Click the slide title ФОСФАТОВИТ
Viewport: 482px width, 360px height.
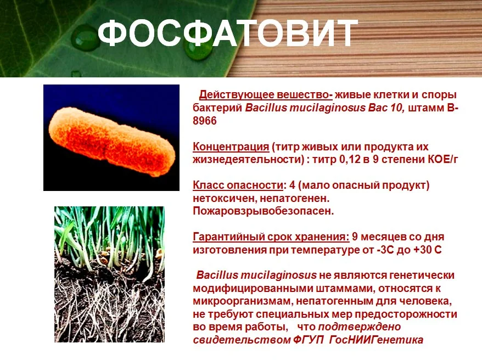(x=228, y=33)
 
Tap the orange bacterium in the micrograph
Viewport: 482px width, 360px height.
(x=112, y=142)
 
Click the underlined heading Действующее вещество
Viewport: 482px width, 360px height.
(x=266, y=95)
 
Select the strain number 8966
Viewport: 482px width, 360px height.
(x=205, y=121)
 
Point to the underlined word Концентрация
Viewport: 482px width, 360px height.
(x=231, y=147)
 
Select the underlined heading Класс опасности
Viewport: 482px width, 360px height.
(x=238, y=185)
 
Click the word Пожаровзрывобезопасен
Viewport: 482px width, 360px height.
(x=263, y=211)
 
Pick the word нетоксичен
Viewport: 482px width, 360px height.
(x=225, y=199)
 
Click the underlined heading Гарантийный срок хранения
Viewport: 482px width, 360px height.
(x=271, y=237)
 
